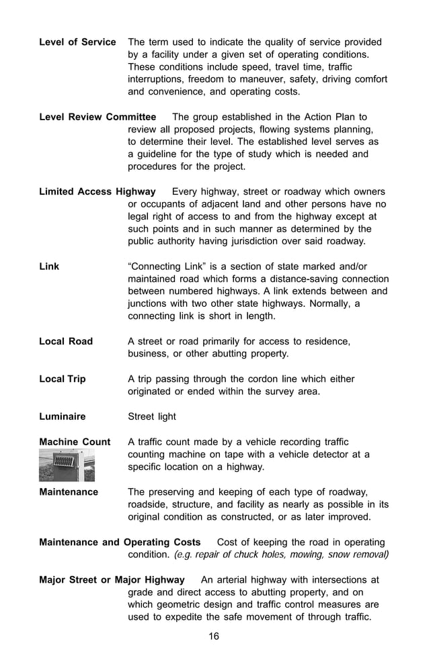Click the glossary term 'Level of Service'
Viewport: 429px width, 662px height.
pyautogui.click(x=77, y=42)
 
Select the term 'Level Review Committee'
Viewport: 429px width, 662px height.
pyautogui.click(x=97, y=117)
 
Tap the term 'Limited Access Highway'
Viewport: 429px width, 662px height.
pyautogui.click(x=97, y=192)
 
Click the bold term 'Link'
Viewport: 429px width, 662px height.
pyautogui.click(x=49, y=267)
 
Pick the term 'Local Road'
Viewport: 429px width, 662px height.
pyautogui.click(x=66, y=342)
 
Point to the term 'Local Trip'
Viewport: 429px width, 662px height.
pyautogui.click(x=63, y=379)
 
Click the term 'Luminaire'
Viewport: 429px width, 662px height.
pyautogui.click(x=63, y=416)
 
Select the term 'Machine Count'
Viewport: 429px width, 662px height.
pyautogui.click(x=75, y=442)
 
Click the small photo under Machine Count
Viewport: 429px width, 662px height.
pyautogui.click(x=67, y=465)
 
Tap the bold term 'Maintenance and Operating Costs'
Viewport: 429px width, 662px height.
pyautogui.click(x=120, y=542)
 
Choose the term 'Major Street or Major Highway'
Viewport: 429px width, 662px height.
pyautogui.click(x=112, y=579)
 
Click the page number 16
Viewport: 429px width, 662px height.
pyautogui.click(x=213, y=636)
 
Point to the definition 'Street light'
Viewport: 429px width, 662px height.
pyautogui.click(x=152, y=416)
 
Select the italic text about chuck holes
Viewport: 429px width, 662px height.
pyautogui.click(x=281, y=555)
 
